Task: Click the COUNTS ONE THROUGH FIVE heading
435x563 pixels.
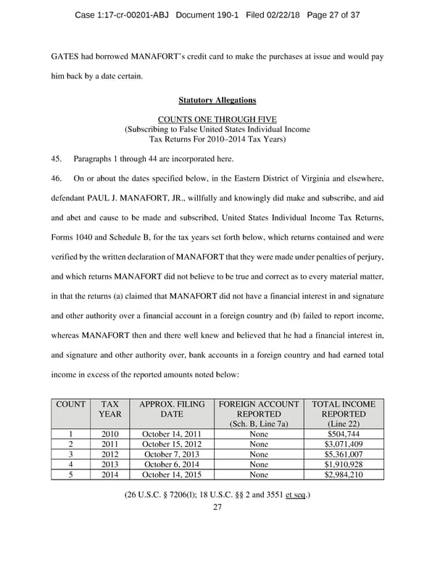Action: tap(217, 119)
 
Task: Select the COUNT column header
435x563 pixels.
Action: tap(70, 404)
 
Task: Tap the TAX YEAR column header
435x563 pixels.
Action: tap(110, 409)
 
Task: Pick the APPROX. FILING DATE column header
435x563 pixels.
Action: tap(171, 409)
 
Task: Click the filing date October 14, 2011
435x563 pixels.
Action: tap(171, 434)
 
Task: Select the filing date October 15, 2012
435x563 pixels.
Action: tap(171, 444)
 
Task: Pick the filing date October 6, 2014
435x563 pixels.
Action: tap(171, 465)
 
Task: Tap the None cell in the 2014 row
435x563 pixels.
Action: tap(258, 475)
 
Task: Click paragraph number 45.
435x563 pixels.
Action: tap(57, 158)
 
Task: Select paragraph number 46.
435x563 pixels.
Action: tap(57, 178)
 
